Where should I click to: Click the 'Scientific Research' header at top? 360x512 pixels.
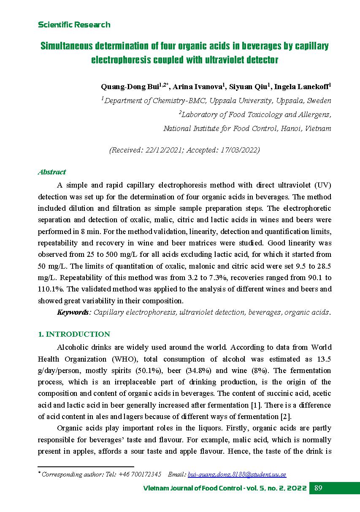[74, 25]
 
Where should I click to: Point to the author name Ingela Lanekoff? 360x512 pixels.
[301, 87]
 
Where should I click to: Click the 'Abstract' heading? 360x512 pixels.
[52, 172]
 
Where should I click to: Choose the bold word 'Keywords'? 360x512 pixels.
[73, 312]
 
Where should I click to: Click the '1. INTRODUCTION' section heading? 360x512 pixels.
[74, 334]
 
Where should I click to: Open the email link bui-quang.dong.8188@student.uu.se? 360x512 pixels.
[237, 474]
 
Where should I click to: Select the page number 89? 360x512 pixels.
[319, 488]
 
